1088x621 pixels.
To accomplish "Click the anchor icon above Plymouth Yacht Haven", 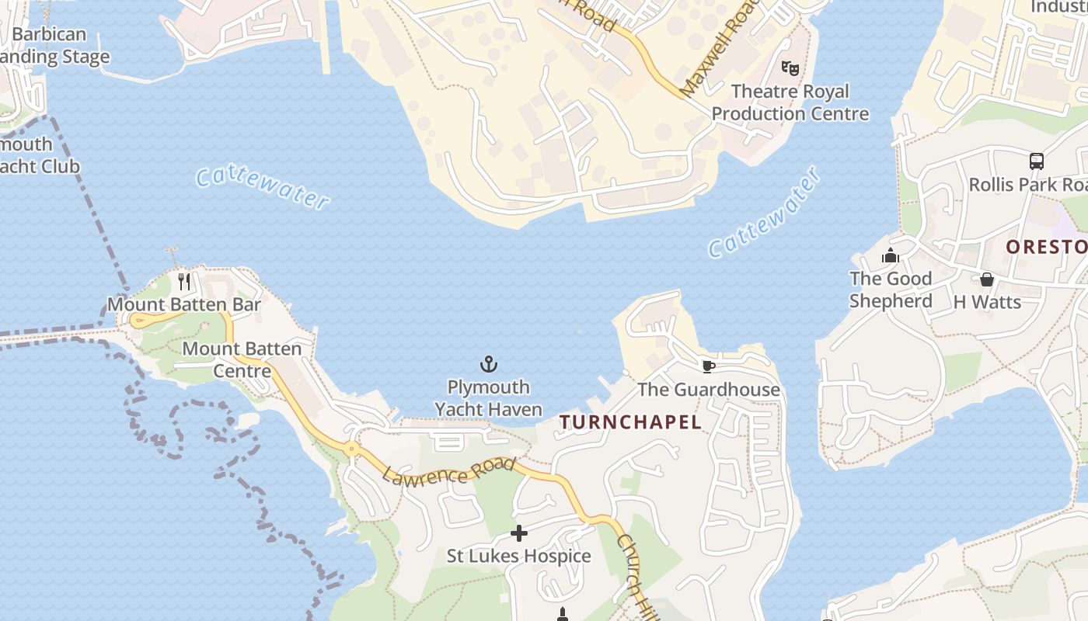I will tap(488, 364).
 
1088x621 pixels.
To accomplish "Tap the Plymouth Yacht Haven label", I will tap(488, 397).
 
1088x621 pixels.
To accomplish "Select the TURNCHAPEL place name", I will tap(631, 422).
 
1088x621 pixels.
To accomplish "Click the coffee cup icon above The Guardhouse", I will tap(708, 366).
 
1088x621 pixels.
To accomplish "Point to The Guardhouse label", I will tap(708, 389).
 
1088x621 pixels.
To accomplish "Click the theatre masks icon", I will tap(790, 68).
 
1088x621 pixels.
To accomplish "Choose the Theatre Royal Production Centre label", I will tap(790, 102).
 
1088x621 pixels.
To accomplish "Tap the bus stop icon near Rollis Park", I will tap(1037, 161).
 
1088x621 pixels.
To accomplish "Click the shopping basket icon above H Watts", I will tap(987, 279).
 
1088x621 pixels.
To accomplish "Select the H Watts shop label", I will tap(987, 302).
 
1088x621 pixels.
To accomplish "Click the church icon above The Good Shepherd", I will tap(891, 255).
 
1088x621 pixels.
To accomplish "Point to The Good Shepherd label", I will tap(891, 290).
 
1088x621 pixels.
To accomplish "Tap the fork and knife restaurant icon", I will tap(184, 281).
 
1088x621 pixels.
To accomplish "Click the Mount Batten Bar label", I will tap(184, 304).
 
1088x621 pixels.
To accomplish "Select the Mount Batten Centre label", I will tap(242, 359).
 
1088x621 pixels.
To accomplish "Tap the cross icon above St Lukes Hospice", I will tap(518, 533).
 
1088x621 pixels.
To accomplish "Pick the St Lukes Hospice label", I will tap(518, 556).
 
